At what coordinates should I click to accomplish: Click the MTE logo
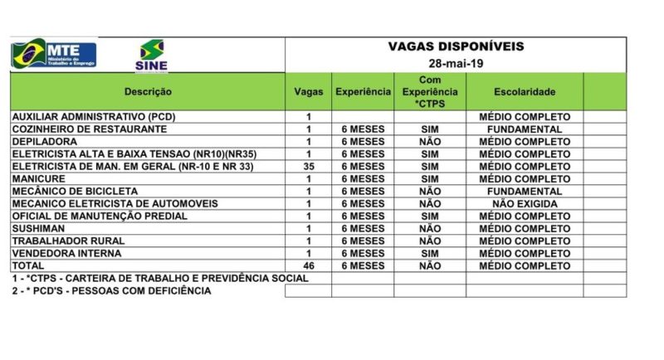tap(53, 53)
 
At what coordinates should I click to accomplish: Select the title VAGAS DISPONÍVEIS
tap(456, 46)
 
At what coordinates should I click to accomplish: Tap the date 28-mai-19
tap(456, 64)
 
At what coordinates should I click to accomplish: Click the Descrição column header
tap(148, 92)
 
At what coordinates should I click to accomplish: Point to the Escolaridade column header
tap(524, 92)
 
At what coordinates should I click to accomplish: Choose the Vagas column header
tap(309, 92)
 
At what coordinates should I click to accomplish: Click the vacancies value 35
tap(309, 166)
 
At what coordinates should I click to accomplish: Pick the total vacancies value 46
tap(309, 265)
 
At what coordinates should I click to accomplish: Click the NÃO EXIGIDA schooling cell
tap(524, 203)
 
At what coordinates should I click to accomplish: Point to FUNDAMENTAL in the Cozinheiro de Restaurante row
tap(524, 129)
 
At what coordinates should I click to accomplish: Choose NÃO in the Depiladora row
tap(430, 142)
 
